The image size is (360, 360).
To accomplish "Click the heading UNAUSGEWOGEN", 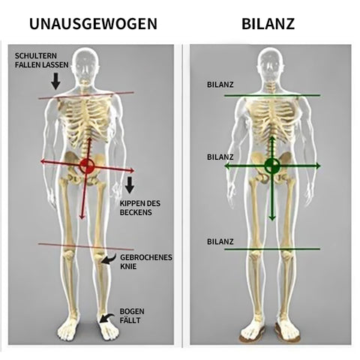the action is (93, 24).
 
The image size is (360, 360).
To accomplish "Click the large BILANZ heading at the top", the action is (268, 24).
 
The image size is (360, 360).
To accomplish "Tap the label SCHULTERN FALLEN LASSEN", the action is (41, 60).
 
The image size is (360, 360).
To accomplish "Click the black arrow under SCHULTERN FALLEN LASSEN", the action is (55, 81).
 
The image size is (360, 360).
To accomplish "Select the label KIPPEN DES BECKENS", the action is (140, 208).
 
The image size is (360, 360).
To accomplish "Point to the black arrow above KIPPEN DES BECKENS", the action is (130, 185).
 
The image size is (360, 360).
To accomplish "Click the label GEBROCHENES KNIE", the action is (146, 262).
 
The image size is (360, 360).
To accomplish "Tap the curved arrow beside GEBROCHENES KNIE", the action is (108, 259).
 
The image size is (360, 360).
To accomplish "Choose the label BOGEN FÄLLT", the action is (132, 316).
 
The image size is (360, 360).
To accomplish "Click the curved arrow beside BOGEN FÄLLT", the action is (106, 318).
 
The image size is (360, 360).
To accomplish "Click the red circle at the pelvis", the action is (87, 165).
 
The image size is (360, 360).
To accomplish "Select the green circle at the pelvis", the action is (272, 166).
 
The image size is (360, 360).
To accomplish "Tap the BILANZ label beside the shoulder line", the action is (220, 85).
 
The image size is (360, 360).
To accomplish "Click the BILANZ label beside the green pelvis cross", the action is (220, 157).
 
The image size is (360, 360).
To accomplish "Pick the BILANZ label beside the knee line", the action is (220, 241).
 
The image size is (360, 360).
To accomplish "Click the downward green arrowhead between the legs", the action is (272, 217).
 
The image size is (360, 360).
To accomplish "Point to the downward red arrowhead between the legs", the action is (82, 217).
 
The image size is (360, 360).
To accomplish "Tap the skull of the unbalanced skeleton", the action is (86, 65).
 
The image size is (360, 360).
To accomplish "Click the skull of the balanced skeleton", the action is (270, 64).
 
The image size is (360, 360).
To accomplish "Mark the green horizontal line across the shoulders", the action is (272, 95).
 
